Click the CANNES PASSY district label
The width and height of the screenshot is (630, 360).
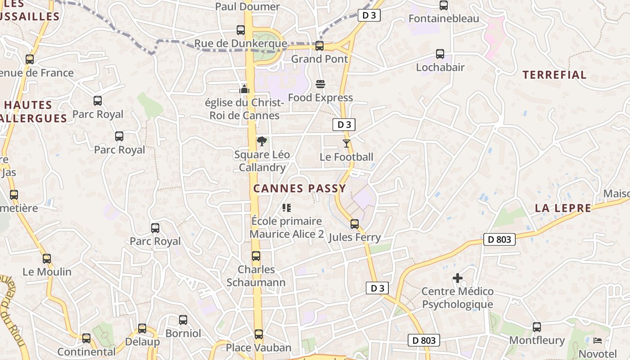coord(300,189)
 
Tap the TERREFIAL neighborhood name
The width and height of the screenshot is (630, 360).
coord(554,75)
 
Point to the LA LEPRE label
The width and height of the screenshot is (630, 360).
coord(563,208)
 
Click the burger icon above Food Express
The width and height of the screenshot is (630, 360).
coord(320,84)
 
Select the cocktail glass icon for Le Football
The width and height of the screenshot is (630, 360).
coord(346,144)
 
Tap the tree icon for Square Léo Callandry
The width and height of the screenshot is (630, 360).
coord(261,141)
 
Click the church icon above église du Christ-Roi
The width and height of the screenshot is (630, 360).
coord(244,89)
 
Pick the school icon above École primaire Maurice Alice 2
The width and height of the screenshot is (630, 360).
coord(287,207)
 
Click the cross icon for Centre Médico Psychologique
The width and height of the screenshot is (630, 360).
coord(457,278)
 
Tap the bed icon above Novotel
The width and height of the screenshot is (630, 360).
coord(598,340)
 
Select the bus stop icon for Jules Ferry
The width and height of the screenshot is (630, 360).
coord(355,224)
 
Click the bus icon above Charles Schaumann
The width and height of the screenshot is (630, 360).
coord(256,256)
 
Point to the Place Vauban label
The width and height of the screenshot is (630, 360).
coord(258,348)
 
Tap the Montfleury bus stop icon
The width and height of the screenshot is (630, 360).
coord(537,327)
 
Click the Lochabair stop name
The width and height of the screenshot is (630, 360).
coord(440,67)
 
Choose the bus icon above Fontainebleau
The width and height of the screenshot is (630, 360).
coord(444,5)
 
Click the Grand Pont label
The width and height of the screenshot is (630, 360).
coord(319,59)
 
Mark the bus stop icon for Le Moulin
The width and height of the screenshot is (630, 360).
coord(47,259)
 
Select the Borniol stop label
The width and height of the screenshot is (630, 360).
coord(183,333)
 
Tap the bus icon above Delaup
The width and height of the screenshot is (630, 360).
coord(142,328)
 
